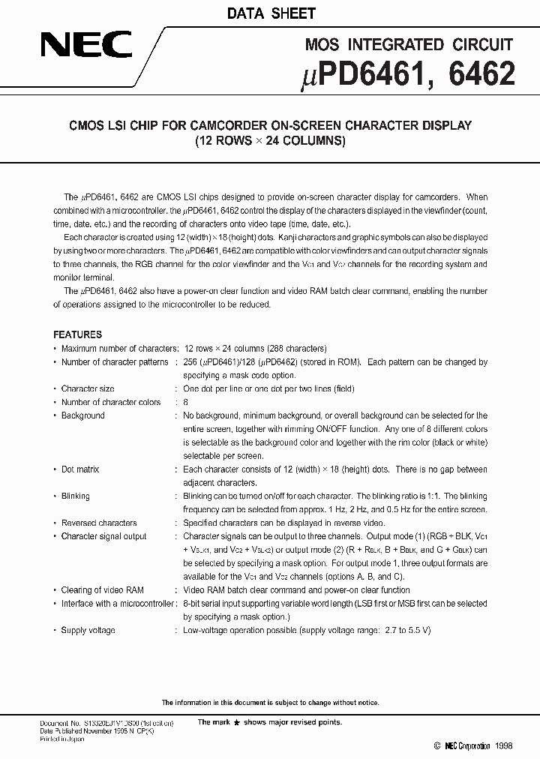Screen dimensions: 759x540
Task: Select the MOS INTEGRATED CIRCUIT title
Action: coord(409,45)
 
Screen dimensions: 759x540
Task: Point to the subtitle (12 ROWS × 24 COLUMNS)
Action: coord(269,140)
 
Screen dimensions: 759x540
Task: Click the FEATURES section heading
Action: coord(77,334)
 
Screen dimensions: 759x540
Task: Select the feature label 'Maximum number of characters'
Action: coord(118,349)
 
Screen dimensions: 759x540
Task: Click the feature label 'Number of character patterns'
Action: coord(115,362)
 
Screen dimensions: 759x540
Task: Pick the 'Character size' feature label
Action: coord(88,389)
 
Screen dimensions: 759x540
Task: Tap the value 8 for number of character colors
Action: coord(186,403)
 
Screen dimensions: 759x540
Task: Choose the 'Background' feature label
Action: coord(82,415)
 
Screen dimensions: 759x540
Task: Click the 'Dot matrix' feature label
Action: coord(80,469)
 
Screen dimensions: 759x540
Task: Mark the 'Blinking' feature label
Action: coord(75,496)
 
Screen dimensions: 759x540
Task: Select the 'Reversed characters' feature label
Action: coord(99,523)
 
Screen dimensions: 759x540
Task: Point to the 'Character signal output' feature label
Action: coord(103,536)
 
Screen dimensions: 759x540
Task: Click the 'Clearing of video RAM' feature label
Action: coord(102,590)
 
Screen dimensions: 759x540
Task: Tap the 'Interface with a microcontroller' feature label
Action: coord(118,604)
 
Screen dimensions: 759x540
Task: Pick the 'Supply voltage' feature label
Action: coord(88,631)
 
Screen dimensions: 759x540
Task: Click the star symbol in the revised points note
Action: coord(237,722)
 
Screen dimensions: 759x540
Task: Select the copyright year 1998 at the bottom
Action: coord(504,746)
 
